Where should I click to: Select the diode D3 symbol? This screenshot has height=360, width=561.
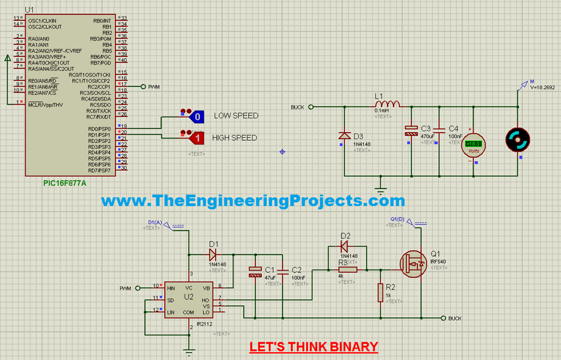(344, 135)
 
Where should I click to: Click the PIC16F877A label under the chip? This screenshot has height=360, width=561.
(65, 184)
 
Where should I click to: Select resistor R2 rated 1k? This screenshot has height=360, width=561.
(380, 293)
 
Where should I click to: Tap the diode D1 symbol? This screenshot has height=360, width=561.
(213, 254)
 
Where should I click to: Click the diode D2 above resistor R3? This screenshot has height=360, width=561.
(345, 246)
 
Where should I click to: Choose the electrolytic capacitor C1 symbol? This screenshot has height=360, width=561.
(255, 272)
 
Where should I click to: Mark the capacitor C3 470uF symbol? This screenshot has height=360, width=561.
(410, 130)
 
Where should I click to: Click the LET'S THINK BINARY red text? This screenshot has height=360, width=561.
(313, 347)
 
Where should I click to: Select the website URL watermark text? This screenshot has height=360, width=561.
(253, 201)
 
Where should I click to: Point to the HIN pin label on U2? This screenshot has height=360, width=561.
(171, 288)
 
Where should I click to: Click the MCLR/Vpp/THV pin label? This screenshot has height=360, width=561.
(45, 105)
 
